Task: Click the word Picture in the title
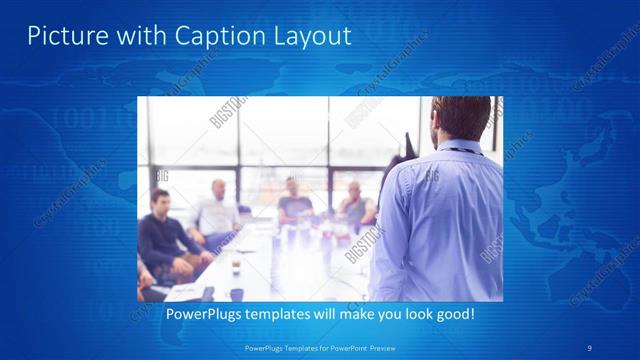61,37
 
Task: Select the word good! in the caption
453,314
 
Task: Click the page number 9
588,347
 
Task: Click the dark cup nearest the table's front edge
237,293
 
